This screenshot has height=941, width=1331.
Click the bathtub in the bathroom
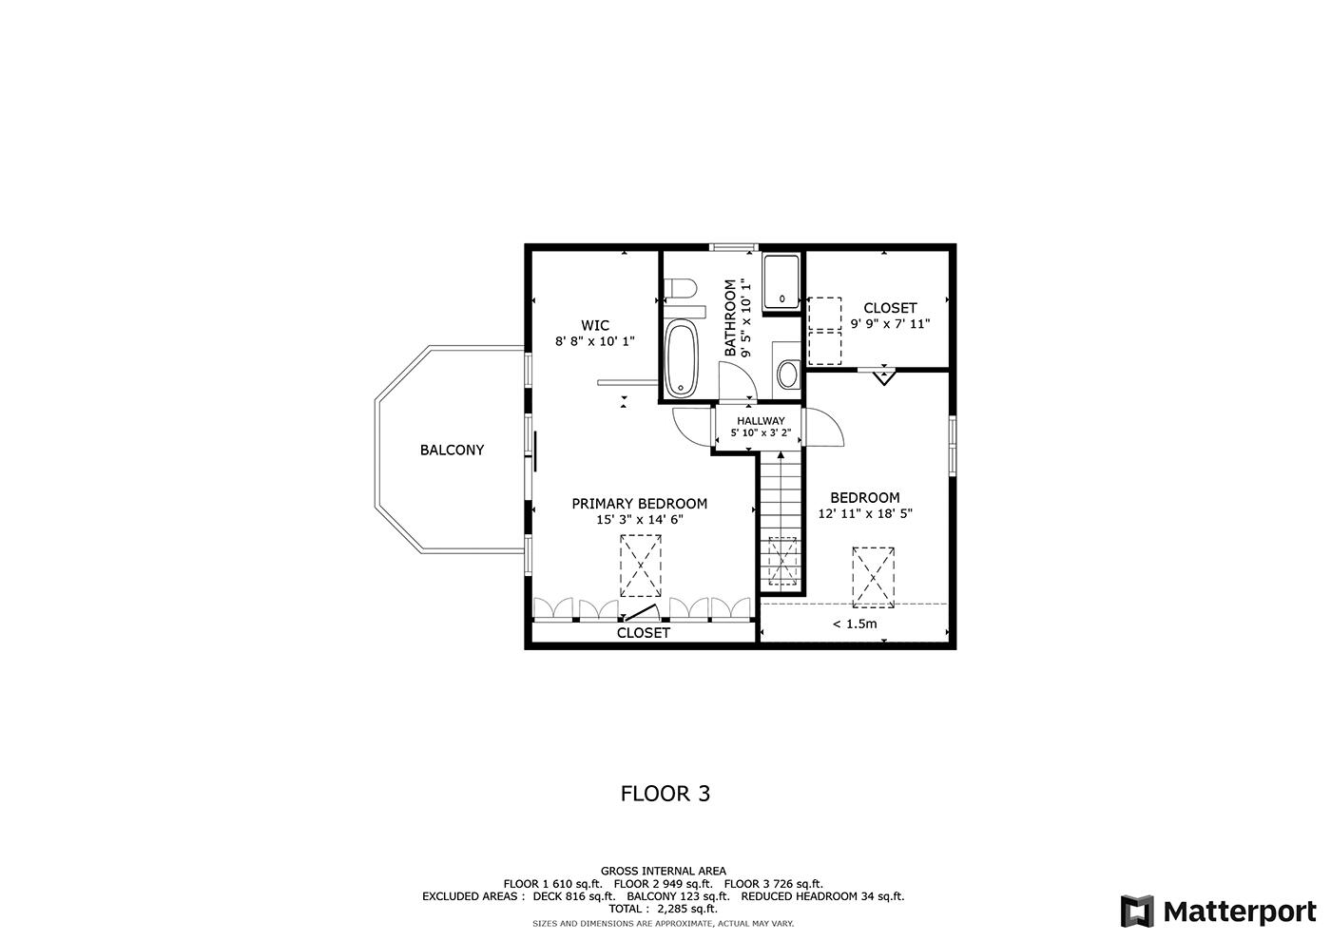point(680,358)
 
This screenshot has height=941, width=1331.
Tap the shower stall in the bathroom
point(781,280)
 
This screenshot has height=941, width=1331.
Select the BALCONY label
point(452,451)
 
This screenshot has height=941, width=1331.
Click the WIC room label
point(595,325)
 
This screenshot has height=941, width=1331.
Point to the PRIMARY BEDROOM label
point(639,504)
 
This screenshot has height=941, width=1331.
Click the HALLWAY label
point(761,421)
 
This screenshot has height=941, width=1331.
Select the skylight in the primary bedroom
point(641,566)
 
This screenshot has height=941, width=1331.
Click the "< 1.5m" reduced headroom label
point(854,624)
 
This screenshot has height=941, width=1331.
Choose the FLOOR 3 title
point(665,793)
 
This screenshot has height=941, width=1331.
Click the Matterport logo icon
point(1137,912)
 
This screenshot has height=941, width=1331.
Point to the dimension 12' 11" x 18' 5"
point(865,513)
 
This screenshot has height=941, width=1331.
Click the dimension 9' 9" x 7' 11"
point(890,324)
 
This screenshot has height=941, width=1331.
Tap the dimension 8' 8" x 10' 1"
point(595,341)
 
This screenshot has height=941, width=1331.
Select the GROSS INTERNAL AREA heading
point(663,871)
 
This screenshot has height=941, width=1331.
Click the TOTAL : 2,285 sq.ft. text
point(663,909)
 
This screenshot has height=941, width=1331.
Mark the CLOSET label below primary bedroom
point(644,633)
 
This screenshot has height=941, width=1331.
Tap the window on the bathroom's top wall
point(735,248)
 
